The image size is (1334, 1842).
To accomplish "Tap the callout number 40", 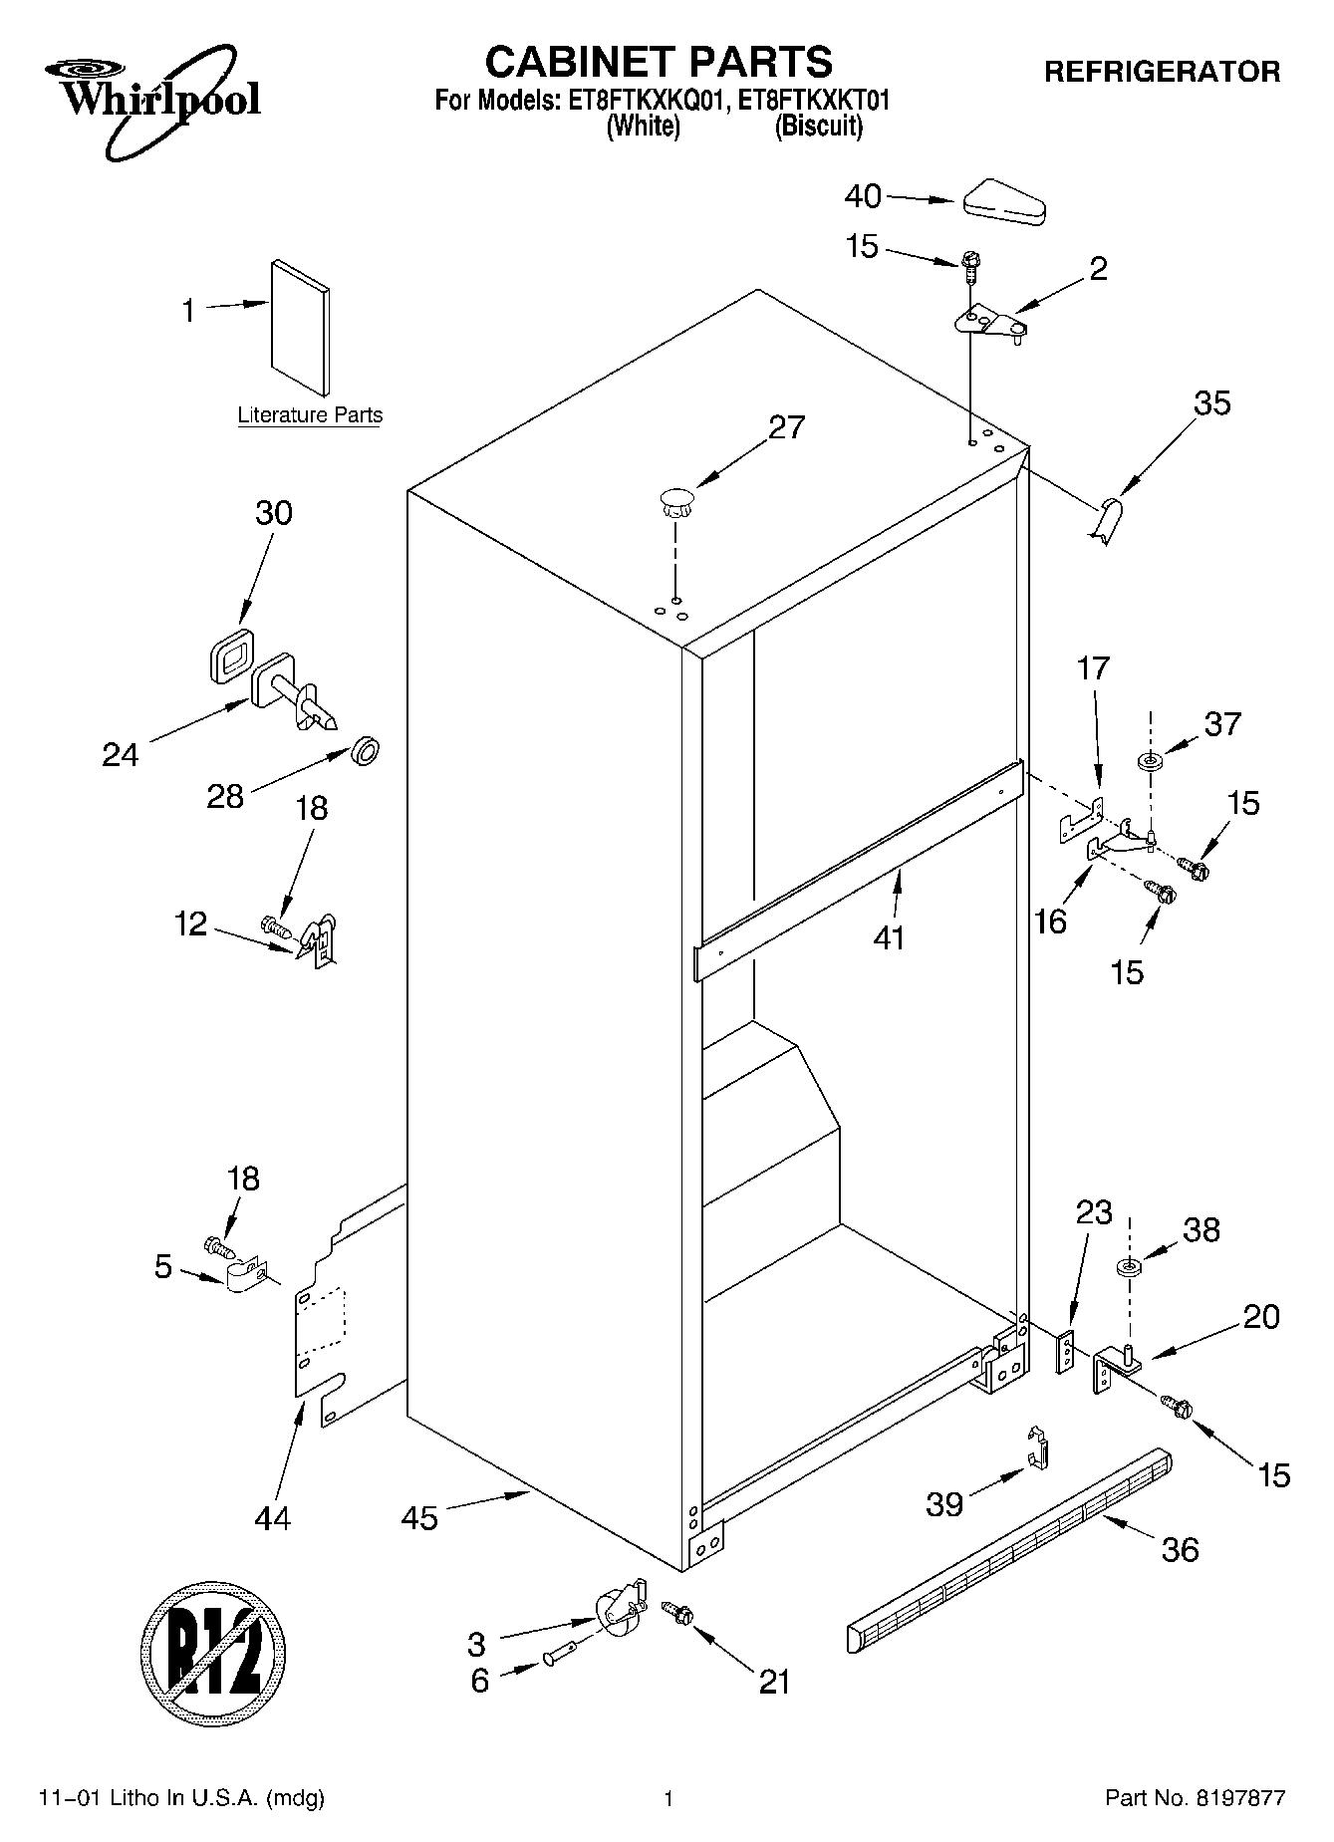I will [x=863, y=196].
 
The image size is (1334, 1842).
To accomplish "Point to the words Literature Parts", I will [x=310, y=415].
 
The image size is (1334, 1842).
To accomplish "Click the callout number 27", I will [x=786, y=427].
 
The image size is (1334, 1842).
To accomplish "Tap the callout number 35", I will [x=1211, y=403].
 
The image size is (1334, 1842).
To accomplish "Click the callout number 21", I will [x=774, y=1682].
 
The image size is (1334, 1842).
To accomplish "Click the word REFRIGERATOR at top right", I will [x=1161, y=72].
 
